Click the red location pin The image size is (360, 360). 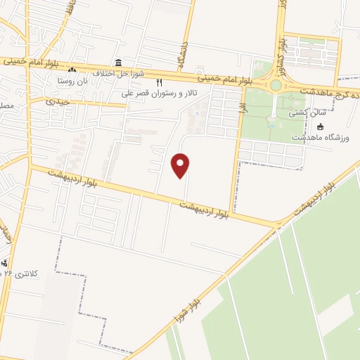point(181,165)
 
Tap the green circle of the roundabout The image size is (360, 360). point(276,86)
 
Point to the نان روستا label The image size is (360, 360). point(73,81)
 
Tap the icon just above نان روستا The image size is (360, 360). point(72,70)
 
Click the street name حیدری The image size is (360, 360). point(61,101)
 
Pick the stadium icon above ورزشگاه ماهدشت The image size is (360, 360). point(321,127)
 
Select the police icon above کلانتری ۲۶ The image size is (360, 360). point(7,263)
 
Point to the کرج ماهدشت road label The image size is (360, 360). point(330,92)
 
